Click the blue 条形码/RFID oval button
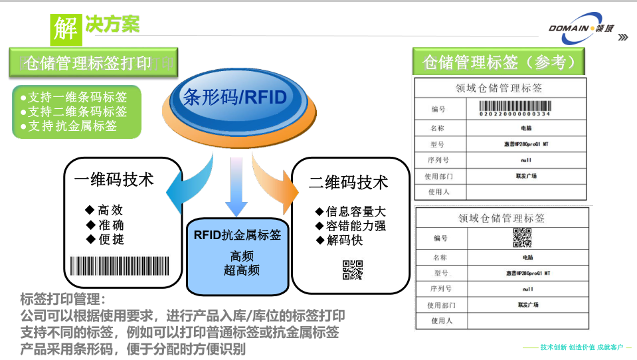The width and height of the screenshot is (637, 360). (x=234, y=98)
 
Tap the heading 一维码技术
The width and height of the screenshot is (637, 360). (x=114, y=180)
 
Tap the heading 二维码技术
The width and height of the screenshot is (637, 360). (x=348, y=182)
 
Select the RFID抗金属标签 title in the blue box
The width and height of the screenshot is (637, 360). (x=237, y=234)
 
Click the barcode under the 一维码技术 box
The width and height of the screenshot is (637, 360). (x=124, y=266)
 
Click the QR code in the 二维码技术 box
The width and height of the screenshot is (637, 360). (x=352, y=269)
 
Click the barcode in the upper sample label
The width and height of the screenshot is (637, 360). (x=515, y=108)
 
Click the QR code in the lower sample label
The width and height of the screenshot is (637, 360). (x=521, y=237)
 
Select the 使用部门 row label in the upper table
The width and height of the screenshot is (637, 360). (x=439, y=176)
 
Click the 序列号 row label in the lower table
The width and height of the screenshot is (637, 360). (x=440, y=289)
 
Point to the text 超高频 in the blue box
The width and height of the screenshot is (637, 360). (x=241, y=270)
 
